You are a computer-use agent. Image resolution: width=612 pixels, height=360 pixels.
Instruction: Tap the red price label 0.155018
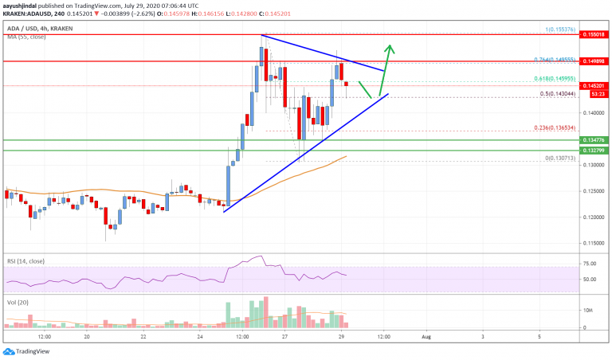coord(592,36)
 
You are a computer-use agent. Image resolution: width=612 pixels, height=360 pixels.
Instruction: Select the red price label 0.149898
coord(592,61)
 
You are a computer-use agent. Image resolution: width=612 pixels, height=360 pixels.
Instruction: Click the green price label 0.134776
coord(592,140)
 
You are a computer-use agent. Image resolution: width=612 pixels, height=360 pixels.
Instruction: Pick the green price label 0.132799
coord(592,150)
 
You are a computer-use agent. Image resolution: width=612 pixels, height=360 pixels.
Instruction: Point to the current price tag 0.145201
coord(592,85)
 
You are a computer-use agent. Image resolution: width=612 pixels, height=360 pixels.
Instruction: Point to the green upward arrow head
coord(390,45)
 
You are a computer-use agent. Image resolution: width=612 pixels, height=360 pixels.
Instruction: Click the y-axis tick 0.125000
coord(591,191)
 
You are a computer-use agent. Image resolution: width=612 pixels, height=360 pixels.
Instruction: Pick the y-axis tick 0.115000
coord(591,243)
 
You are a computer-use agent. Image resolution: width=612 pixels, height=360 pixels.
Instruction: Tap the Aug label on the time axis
coord(426,338)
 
